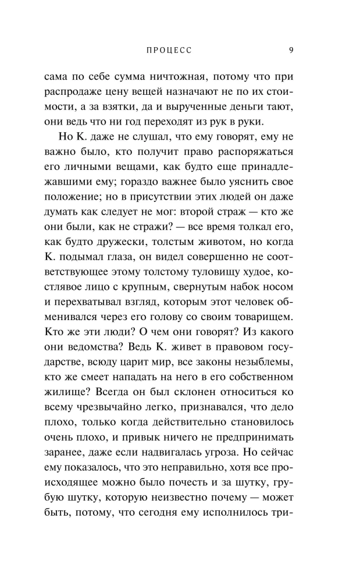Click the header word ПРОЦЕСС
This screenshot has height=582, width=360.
click(x=169, y=51)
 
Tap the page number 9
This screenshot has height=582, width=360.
click(x=291, y=50)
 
